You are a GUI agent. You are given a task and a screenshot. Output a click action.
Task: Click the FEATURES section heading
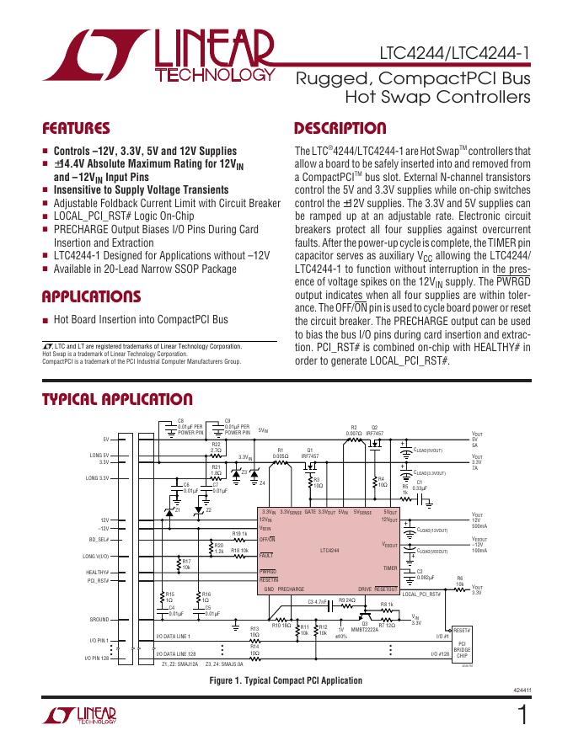coord(76,129)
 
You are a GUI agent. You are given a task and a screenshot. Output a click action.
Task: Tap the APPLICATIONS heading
coord(91,296)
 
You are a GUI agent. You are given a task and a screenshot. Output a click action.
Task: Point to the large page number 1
coord(523,715)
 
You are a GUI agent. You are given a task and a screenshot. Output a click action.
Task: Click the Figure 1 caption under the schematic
coord(286,680)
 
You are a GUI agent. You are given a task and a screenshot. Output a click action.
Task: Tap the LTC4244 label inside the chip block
coord(329,552)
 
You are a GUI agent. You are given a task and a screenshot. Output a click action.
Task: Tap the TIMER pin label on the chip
coord(389,568)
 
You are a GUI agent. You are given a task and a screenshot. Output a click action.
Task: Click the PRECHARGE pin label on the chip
coord(291,589)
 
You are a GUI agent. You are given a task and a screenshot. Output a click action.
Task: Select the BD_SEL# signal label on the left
coord(99,539)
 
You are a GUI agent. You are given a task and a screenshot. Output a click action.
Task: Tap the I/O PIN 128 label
coord(97,657)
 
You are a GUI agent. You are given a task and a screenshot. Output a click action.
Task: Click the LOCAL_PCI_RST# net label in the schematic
coord(421,595)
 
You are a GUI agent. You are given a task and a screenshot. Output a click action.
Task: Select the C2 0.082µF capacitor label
coord(425,574)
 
